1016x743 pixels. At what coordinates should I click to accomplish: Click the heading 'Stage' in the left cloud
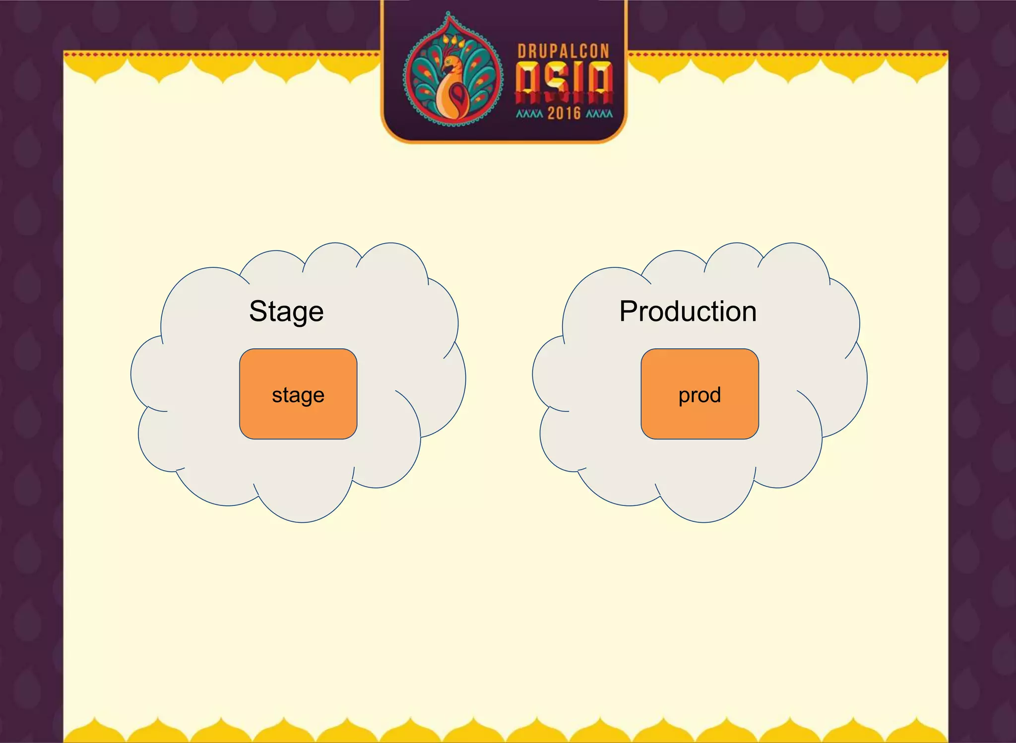[286, 312]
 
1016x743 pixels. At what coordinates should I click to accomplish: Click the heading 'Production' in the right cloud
[688, 312]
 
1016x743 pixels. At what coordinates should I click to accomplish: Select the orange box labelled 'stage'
[298, 394]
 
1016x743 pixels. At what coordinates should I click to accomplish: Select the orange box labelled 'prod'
[699, 394]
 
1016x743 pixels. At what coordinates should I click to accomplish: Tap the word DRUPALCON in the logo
[563, 52]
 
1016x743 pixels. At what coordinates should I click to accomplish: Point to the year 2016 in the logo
[564, 114]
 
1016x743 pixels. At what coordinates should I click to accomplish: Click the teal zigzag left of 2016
[529, 114]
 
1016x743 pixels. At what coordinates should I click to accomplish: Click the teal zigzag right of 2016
[599, 114]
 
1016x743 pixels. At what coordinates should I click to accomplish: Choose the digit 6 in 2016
[576, 114]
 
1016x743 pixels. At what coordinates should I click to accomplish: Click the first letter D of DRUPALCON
[522, 52]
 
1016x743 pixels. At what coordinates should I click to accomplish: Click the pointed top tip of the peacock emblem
[448, 13]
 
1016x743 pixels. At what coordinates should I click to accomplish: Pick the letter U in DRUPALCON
[542, 52]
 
